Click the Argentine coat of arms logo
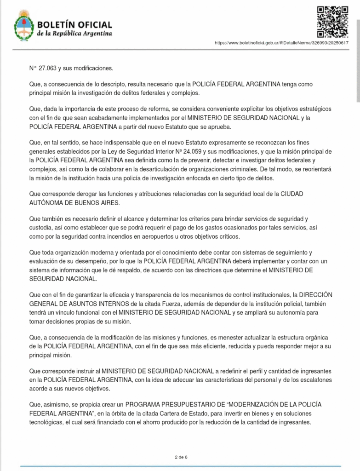point(23,26)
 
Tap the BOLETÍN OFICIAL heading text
point(74,24)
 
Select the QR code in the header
point(332,21)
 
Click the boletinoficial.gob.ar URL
point(281,43)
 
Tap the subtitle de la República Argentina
point(74,34)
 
